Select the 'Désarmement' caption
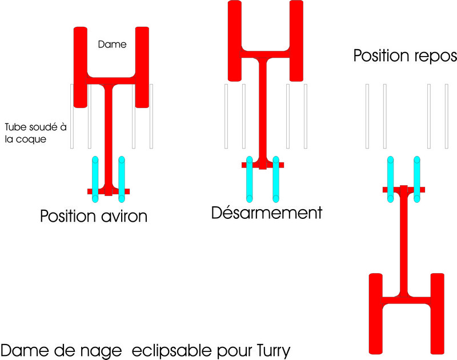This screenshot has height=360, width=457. [266, 213]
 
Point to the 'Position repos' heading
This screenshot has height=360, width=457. [404, 56]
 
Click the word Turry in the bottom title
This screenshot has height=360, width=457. [268, 348]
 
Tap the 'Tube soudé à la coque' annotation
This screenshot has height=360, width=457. [33, 132]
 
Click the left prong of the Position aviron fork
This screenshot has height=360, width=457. [81, 66]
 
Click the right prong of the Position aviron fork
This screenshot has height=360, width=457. [142, 66]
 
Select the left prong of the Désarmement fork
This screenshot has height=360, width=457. [235, 40]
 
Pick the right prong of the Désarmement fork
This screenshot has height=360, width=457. [296, 40]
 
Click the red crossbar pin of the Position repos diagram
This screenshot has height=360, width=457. [404, 189]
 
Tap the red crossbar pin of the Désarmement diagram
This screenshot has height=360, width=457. [262, 165]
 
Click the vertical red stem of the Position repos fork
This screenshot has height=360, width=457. [405, 240]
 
